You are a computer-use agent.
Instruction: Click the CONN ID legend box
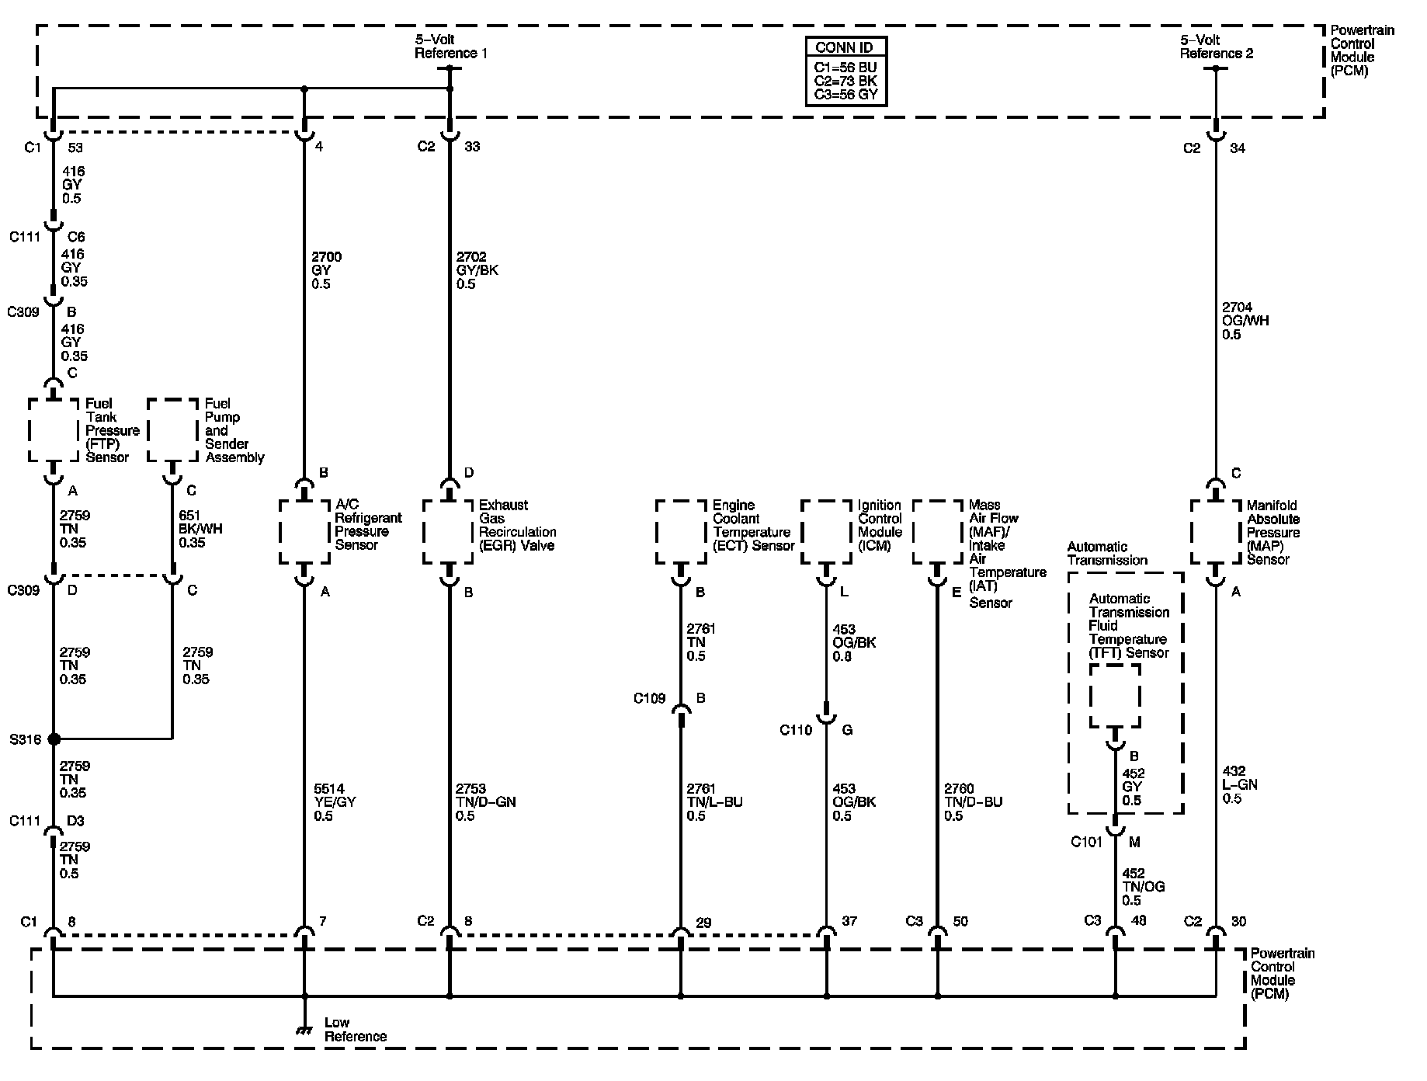coord(845,71)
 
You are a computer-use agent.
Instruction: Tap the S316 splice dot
coord(54,739)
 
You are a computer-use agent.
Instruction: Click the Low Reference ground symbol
coord(304,1031)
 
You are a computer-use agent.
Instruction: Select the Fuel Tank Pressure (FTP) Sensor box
coord(54,430)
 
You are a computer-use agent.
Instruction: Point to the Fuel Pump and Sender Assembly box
coord(172,430)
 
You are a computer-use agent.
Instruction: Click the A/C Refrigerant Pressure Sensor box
coord(304,532)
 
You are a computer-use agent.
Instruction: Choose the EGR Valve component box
coord(449,532)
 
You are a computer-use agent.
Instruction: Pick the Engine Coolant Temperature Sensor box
coord(681,532)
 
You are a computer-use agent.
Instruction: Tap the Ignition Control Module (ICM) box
coord(826,532)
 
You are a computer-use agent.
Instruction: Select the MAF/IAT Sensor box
coord(937,532)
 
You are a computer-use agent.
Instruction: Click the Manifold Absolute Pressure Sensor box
coord(1216,532)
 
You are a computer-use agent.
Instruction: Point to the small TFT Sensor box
coord(1115,696)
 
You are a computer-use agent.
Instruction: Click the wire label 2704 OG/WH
coord(1245,321)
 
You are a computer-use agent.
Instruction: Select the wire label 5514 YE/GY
coord(334,802)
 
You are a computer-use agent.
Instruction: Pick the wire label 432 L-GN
coord(1240,784)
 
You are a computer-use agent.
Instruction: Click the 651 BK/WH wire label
coord(200,529)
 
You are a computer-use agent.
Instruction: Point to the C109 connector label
coord(649,698)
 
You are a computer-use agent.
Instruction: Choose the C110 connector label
coord(796,730)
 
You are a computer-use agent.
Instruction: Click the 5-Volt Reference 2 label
coord(1217,47)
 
